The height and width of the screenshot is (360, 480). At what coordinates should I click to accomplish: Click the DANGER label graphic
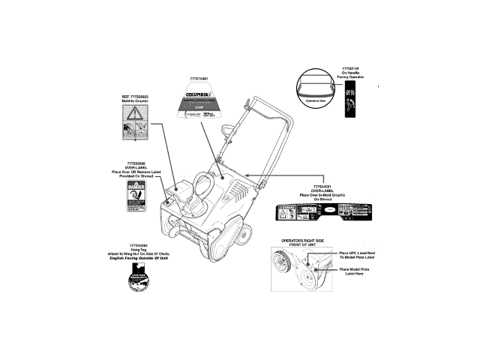click(132, 197)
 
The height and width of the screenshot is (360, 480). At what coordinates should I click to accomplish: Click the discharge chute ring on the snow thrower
click(200, 187)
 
